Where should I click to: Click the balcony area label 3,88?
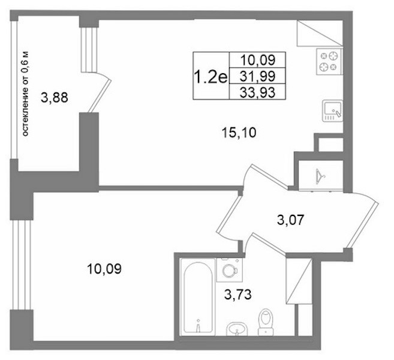point(55,98)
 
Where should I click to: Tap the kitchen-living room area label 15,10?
point(239,133)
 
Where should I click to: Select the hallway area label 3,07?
point(291,220)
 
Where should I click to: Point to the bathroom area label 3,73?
point(237,295)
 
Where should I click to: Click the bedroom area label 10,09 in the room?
point(104,269)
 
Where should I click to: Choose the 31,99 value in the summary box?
point(257,76)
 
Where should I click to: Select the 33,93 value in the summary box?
point(257,92)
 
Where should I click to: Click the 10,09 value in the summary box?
point(258,60)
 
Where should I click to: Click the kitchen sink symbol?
point(333,110)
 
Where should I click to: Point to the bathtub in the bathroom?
point(198,298)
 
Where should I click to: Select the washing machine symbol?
point(230,270)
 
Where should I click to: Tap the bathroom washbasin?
point(237,329)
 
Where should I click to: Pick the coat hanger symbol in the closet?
point(320,176)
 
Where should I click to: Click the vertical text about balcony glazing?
point(26,94)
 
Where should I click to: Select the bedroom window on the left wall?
point(22,265)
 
